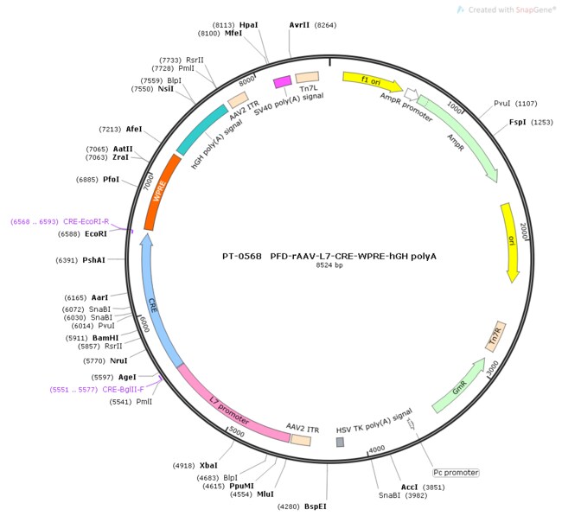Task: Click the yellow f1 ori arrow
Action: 373,81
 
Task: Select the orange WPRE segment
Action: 162,193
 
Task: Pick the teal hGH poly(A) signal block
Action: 201,130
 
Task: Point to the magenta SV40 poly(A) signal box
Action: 283,82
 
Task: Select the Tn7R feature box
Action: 495,336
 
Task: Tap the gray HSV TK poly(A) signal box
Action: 340,442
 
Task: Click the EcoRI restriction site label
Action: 96,234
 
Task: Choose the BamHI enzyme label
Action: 105,338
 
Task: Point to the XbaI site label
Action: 208,466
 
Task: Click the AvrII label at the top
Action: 299,25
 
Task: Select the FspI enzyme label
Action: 518,122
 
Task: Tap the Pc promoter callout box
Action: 456,473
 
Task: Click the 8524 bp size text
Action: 329,265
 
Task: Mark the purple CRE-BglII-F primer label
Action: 123,390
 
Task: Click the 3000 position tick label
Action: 493,368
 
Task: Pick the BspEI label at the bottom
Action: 316,506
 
